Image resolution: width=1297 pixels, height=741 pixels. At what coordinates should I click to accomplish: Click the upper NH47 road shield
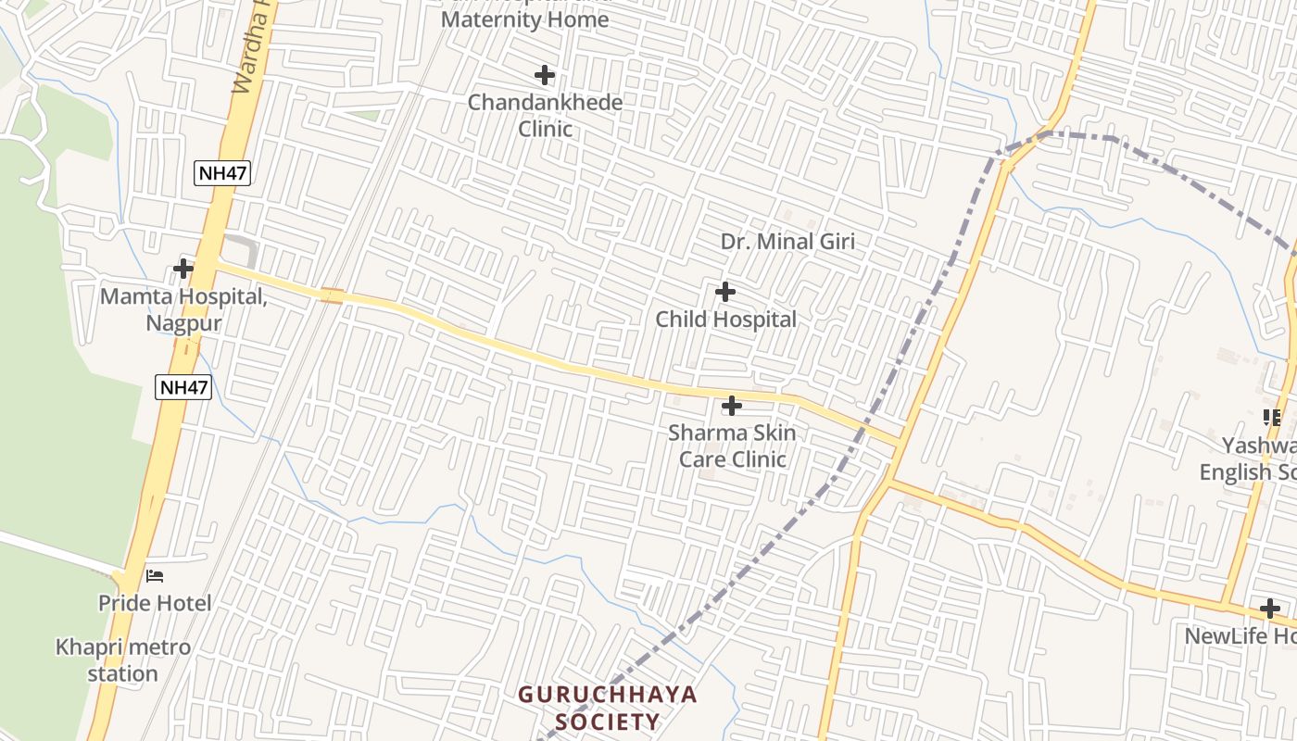222,172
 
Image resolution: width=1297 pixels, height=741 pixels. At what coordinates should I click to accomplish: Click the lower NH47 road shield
183,387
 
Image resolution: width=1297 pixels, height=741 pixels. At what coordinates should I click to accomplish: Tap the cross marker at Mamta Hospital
183,270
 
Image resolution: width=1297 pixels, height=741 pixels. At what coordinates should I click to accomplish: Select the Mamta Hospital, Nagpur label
183,310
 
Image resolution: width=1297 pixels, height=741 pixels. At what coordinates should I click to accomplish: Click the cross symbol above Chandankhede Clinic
545,75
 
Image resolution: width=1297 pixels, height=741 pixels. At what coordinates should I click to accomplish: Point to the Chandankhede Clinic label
545,115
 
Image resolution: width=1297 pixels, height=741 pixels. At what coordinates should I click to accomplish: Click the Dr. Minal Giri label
787,242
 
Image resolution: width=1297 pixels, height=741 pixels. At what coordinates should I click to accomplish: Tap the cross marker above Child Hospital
725,293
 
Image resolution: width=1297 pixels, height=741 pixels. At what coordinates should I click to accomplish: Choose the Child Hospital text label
725,320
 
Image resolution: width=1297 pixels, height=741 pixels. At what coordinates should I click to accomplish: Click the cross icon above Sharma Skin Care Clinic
732,406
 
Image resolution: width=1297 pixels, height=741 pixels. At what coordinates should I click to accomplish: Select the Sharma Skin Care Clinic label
732,446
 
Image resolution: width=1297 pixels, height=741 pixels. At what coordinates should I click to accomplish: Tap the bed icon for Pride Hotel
155,576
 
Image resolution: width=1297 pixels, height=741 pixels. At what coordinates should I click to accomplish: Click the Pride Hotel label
155,603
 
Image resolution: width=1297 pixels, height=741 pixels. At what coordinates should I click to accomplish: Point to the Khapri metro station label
123,659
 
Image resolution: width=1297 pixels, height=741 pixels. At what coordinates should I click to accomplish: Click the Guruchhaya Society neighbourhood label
607,708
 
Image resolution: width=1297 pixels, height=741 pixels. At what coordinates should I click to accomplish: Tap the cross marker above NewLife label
1270,609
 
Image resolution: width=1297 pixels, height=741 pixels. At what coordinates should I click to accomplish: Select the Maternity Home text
525,19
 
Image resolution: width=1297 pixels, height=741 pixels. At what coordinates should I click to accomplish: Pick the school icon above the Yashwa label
1272,418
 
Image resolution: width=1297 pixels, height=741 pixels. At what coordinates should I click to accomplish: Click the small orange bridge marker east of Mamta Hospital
332,296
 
